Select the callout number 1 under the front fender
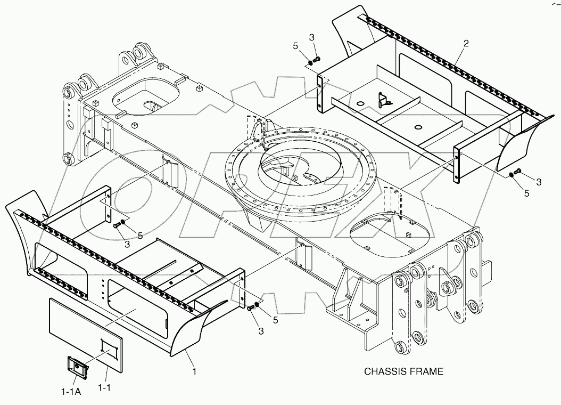point(194,371)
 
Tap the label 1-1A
point(71,391)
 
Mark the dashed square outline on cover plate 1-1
point(108,349)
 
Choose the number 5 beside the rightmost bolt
point(526,193)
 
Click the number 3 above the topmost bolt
point(312,37)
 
